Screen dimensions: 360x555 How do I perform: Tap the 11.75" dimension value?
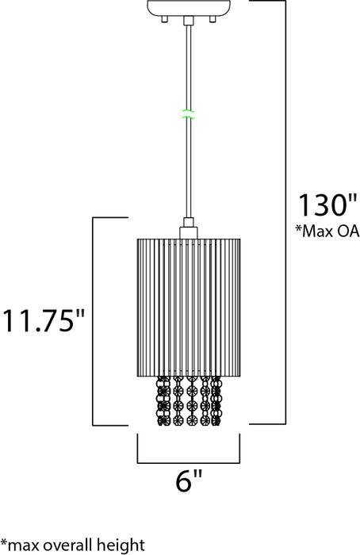(44, 320)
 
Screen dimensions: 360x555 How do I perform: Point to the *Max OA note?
(327, 231)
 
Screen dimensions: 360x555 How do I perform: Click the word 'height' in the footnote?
(121, 545)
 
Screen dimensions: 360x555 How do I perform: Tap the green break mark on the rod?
(188, 114)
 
